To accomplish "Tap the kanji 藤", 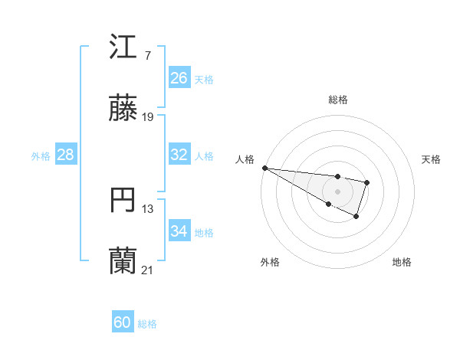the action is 123,109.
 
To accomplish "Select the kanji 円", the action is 123,201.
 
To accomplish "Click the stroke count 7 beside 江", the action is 147,55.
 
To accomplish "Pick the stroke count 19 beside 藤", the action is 148,116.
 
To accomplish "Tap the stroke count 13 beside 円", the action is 148,208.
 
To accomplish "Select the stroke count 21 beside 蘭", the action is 148,270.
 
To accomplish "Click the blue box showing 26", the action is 179,78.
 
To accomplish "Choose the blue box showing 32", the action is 179,155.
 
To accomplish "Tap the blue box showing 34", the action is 179,231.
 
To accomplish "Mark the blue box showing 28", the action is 66,155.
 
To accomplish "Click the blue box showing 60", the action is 123,322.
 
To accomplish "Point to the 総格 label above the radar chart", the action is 338,100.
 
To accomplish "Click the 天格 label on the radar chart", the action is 431,159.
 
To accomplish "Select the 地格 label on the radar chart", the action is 402,262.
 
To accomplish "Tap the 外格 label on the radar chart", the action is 270,262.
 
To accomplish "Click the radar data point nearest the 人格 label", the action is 264,168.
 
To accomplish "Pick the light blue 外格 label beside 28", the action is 41,155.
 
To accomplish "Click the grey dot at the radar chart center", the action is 337,191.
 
